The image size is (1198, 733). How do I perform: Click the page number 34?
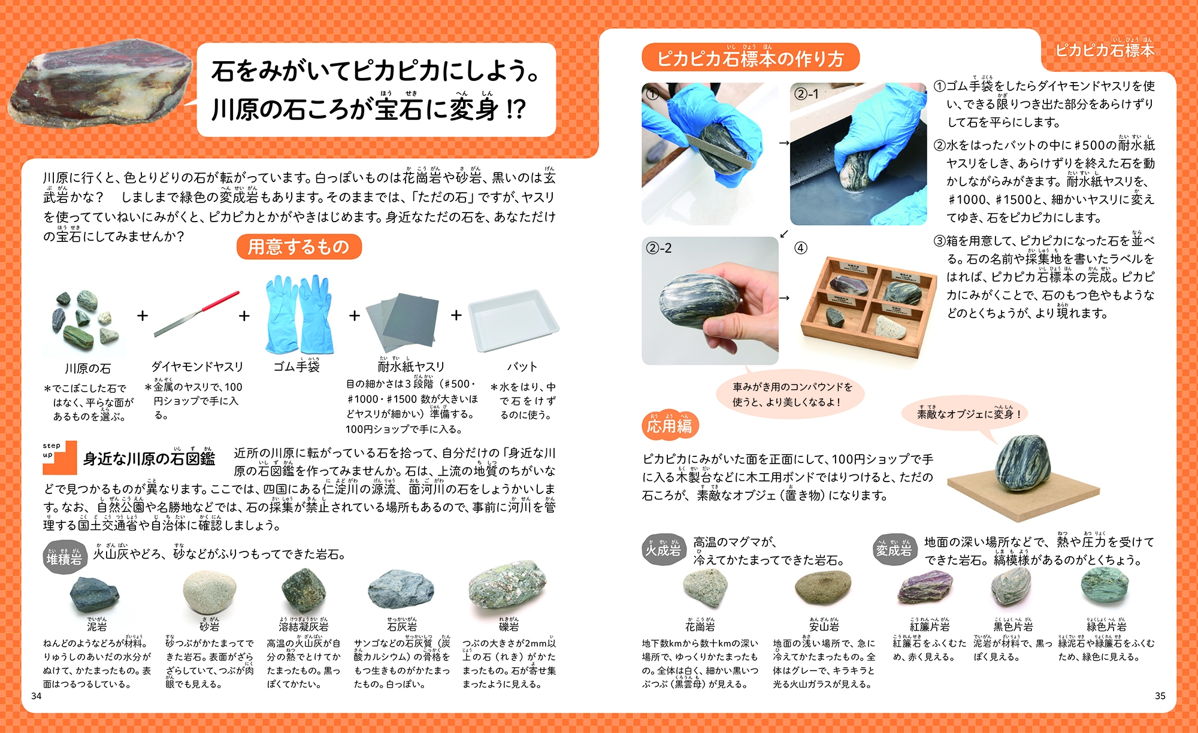37,696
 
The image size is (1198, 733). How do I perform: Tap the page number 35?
1160,696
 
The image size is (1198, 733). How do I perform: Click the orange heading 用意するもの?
299,247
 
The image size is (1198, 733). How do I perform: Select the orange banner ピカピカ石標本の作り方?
751,58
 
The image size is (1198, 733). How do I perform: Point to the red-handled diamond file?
196,314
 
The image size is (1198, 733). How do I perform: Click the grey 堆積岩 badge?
64,558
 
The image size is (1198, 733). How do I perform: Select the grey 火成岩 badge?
663,550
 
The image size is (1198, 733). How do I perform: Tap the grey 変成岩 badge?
894,550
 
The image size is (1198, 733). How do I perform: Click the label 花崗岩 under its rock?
700,626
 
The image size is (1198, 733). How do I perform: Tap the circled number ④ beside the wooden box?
801,248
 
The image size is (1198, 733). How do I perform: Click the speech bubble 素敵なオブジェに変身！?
968,413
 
